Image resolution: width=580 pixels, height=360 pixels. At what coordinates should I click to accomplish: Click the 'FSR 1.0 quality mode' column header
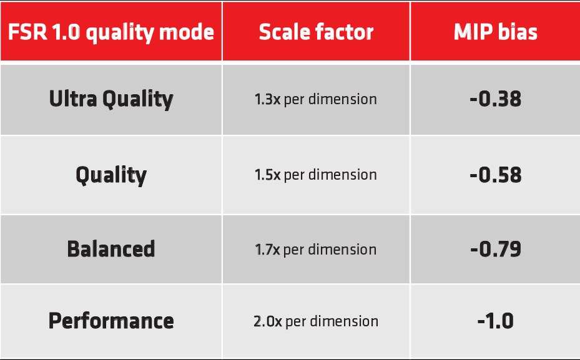pyautogui.click(x=111, y=32)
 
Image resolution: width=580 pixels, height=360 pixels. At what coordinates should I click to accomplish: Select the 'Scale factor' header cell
pyautogui.click(x=317, y=32)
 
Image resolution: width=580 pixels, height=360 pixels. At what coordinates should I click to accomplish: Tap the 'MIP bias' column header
pyautogui.click(x=496, y=32)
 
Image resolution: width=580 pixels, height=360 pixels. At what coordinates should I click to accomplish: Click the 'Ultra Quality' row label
pyautogui.click(x=111, y=99)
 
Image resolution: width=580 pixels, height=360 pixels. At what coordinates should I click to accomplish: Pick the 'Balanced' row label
pyautogui.click(x=111, y=248)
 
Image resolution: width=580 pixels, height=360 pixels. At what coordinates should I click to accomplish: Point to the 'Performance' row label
pyautogui.click(x=111, y=321)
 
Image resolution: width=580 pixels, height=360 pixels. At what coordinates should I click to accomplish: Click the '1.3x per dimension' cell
pyautogui.click(x=315, y=100)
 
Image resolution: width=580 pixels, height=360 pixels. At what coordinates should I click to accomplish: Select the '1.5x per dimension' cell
pyautogui.click(x=315, y=175)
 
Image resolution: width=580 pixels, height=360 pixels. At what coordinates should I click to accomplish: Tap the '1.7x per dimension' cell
pyautogui.click(x=315, y=250)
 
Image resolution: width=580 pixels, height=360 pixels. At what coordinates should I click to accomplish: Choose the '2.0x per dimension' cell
pyautogui.click(x=316, y=321)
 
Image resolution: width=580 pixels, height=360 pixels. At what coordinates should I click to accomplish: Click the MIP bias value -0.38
pyautogui.click(x=496, y=99)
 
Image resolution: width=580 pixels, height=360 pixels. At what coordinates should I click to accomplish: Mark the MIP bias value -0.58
pyautogui.click(x=496, y=175)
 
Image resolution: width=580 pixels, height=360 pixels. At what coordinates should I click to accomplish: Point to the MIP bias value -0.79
pyautogui.click(x=496, y=249)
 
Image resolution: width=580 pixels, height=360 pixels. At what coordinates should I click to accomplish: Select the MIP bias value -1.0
pyautogui.click(x=496, y=321)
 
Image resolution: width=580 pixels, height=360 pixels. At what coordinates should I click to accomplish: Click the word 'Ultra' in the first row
pyautogui.click(x=73, y=99)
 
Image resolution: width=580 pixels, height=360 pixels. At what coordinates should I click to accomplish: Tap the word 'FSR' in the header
pyautogui.click(x=27, y=32)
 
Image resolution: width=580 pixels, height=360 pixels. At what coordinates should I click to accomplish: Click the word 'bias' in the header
pyautogui.click(x=518, y=32)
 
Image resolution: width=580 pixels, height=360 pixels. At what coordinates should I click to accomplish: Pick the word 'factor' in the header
pyautogui.click(x=345, y=32)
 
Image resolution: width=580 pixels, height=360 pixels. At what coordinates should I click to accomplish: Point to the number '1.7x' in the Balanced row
pyautogui.click(x=267, y=250)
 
